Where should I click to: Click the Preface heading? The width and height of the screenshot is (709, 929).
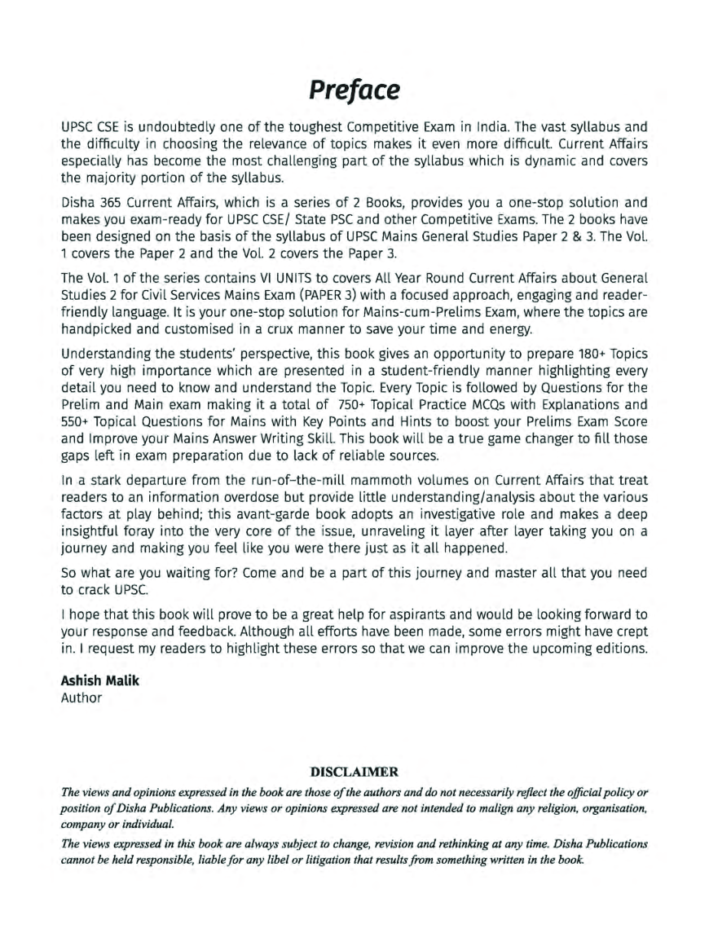[x=354, y=88]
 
